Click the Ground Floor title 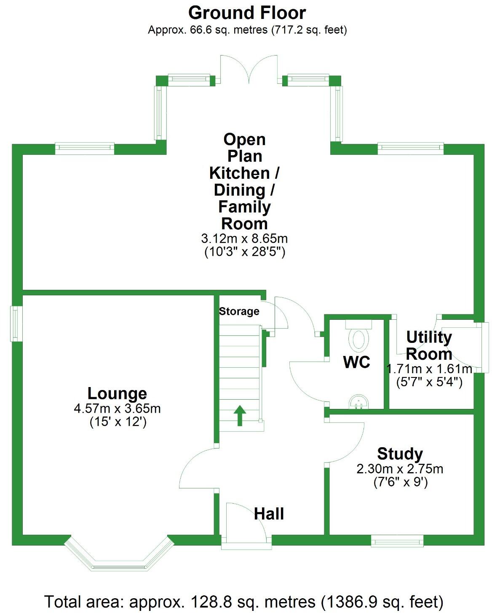click(x=247, y=13)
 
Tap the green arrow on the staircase click(x=240, y=415)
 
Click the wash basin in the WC click(x=358, y=402)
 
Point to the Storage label click(x=239, y=311)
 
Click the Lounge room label click(x=117, y=393)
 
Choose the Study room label click(x=400, y=454)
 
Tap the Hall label click(x=269, y=514)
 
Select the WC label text click(x=356, y=362)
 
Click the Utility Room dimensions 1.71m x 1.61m click(x=429, y=369)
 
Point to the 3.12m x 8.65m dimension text click(x=244, y=239)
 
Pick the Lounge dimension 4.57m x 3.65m click(x=117, y=409)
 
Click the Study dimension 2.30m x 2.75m click(x=400, y=469)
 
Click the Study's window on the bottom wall click(x=397, y=541)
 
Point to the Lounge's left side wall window click(x=16, y=323)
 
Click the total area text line click(x=244, y=602)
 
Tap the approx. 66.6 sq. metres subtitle click(x=247, y=30)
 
